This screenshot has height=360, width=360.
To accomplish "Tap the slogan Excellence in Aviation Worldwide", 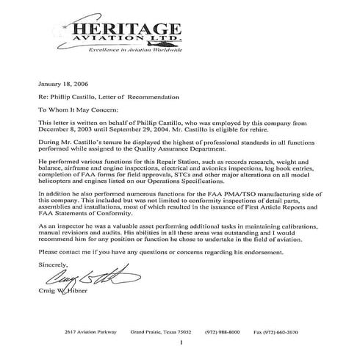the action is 128,59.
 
